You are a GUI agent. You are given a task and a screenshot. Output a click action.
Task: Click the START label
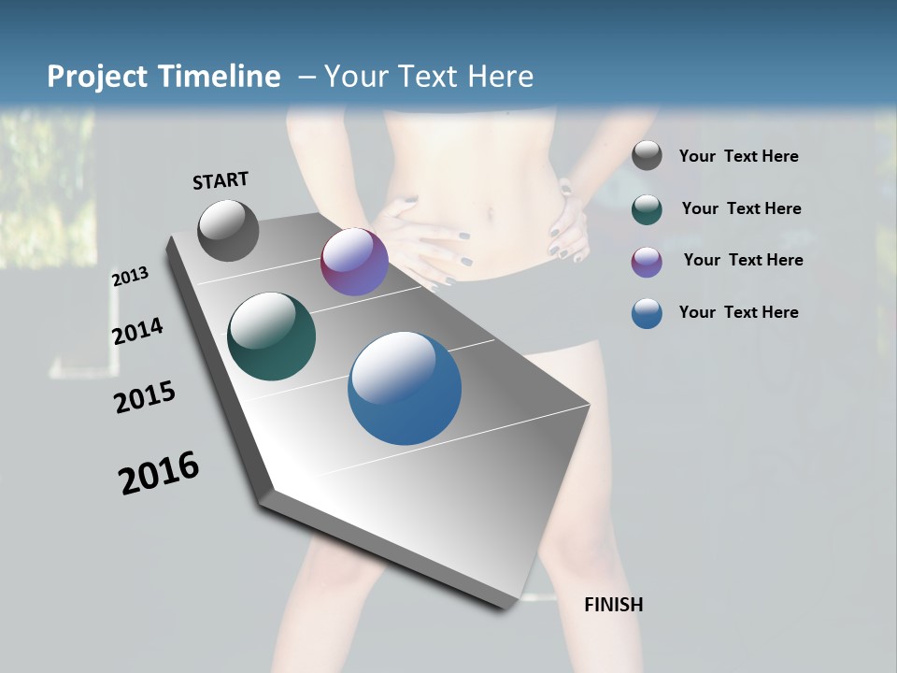click(x=221, y=180)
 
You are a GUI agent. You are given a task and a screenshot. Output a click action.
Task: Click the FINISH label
click(x=613, y=605)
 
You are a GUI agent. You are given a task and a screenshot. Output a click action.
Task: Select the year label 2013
click(x=130, y=277)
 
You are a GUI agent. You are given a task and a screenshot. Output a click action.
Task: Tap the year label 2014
click(x=137, y=332)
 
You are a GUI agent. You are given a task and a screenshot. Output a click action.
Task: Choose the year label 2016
click(x=159, y=473)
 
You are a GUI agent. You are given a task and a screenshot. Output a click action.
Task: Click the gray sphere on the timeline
click(x=228, y=230)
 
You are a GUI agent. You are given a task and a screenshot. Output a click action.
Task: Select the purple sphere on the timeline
click(x=354, y=262)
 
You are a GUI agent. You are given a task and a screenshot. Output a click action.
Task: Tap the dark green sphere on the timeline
click(x=271, y=336)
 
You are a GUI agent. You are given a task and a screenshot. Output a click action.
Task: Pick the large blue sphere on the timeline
click(x=405, y=388)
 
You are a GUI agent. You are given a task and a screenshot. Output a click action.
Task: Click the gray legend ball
click(x=647, y=156)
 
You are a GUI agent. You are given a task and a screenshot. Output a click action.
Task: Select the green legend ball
click(x=647, y=208)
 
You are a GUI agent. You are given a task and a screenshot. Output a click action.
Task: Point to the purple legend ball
click(x=647, y=261)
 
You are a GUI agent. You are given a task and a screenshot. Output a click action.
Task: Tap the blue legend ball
click(x=647, y=313)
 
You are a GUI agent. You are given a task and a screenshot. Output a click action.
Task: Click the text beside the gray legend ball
click(x=738, y=157)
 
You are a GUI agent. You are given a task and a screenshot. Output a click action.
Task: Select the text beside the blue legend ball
click(x=738, y=312)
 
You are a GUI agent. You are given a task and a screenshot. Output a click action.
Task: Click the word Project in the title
click(x=96, y=77)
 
